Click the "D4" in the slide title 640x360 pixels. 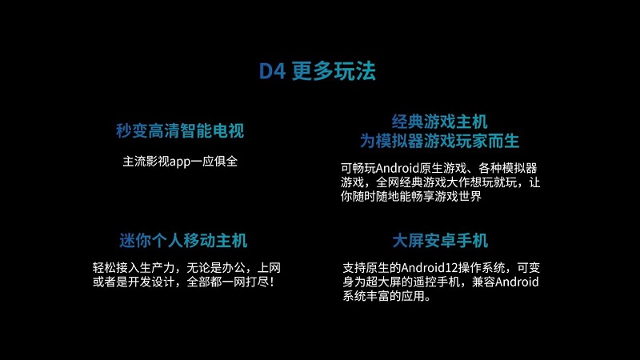(272, 71)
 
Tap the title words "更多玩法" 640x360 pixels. (334, 71)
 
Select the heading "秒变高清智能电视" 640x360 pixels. (180, 130)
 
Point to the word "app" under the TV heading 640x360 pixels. (180, 162)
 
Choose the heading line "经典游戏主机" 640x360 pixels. (439, 122)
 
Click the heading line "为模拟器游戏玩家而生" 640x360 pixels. (439, 142)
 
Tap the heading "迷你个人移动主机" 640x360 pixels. (183, 241)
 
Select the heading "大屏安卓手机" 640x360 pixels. (440, 241)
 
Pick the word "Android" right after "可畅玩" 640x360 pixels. (398, 168)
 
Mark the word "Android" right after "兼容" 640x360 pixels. (517, 282)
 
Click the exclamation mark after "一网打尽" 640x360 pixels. (271, 282)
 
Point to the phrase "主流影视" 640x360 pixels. (146, 162)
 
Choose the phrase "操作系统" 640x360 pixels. (482, 268)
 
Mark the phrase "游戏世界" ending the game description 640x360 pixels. (458, 196)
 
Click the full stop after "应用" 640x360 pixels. (427, 298)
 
